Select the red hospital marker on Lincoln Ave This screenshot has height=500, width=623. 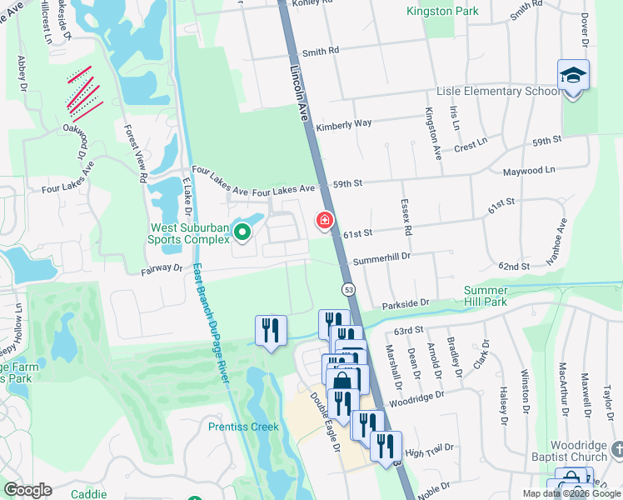(324, 221)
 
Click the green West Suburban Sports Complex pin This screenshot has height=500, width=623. (242, 232)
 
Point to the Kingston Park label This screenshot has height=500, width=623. (442, 12)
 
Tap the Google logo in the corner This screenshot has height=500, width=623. (27, 490)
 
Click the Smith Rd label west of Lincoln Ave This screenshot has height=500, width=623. (321, 51)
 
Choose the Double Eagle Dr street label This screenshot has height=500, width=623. (326, 422)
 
